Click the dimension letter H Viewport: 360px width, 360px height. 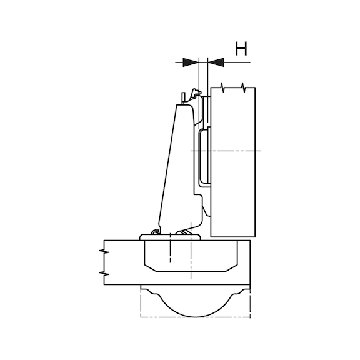point(241,49)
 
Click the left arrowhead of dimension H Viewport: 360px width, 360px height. point(191,62)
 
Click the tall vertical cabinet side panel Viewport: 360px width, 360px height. point(234,187)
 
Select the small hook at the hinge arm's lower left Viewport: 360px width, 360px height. point(153,231)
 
